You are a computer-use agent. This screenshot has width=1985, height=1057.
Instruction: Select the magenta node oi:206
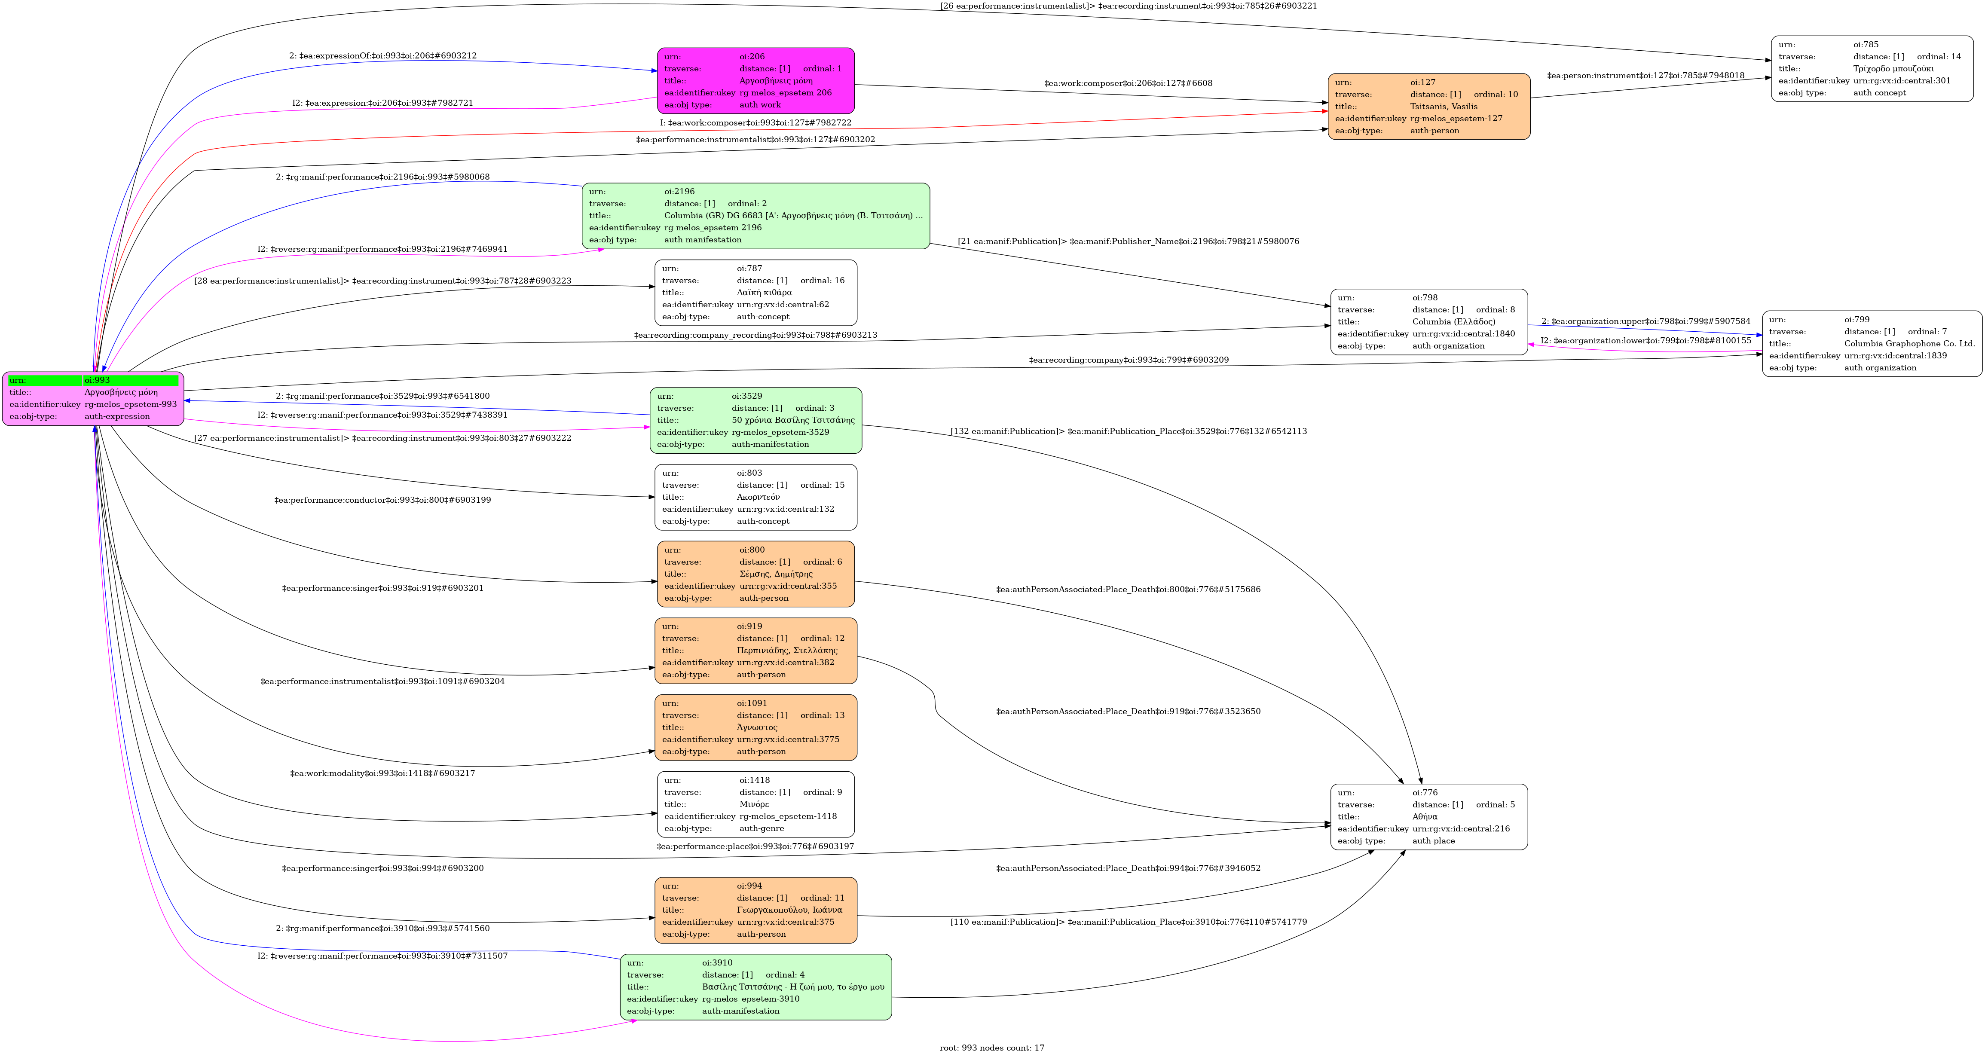coord(755,80)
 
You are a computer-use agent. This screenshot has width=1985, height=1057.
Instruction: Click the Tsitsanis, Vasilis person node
coord(1428,106)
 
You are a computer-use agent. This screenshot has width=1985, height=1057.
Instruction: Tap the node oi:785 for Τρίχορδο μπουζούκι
coord(1872,69)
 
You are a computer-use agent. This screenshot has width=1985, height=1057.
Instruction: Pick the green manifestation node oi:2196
coord(755,216)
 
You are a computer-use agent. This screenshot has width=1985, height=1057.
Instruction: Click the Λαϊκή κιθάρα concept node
coord(755,293)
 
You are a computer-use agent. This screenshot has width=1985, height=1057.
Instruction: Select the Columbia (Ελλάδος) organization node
coord(1428,322)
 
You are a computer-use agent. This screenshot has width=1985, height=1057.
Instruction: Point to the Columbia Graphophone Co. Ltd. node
coord(1872,344)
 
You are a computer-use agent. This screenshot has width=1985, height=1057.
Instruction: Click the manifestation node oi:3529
coord(755,420)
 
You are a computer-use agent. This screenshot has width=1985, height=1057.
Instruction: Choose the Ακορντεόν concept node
coord(755,497)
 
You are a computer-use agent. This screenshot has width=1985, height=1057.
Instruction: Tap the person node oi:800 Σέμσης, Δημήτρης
coord(755,574)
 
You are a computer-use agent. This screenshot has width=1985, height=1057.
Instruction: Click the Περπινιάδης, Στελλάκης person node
coord(755,650)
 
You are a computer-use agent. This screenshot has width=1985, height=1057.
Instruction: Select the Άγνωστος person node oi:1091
coord(755,727)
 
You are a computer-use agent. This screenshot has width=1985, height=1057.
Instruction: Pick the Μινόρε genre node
coord(755,804)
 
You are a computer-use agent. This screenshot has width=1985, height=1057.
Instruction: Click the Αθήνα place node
coord(1428,817)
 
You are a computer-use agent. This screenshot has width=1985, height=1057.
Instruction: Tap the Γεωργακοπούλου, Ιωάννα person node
coord(755,910)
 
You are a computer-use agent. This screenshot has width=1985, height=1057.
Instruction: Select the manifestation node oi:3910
coord(755,987)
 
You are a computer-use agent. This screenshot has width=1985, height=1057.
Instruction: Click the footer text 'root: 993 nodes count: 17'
coord(992,1048)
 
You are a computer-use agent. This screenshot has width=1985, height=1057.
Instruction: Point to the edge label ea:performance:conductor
coord(382,500)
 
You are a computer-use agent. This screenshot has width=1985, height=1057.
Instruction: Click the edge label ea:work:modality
coord(382,773)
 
